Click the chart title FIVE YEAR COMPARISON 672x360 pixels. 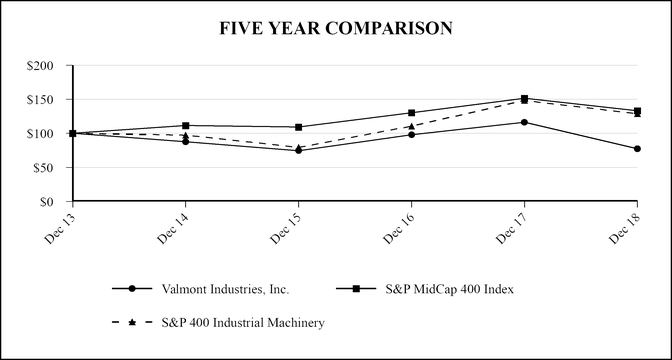point(336,29)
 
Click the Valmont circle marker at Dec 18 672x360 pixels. point(637,149)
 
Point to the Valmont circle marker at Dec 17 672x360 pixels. point(524,122)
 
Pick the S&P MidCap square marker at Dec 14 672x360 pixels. point(185,126)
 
